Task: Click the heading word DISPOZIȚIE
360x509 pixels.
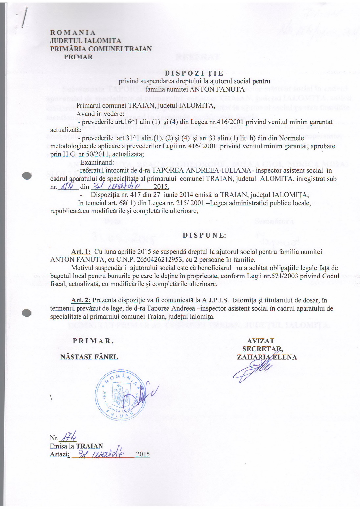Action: click(194, 73)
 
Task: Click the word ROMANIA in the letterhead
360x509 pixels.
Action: click(73, 33)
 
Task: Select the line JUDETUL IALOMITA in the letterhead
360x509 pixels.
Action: click(85, 41)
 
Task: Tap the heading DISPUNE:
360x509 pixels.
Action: click(204, 235)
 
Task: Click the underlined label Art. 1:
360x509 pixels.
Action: click(81, 252)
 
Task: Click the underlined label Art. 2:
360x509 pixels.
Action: click(81, 300)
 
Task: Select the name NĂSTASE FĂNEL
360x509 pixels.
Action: click(89, 357)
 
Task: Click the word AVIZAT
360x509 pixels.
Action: click(260, 341)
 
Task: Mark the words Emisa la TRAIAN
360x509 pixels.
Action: click(77, 446)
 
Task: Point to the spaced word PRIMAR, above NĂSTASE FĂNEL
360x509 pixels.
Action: click(93, 341)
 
